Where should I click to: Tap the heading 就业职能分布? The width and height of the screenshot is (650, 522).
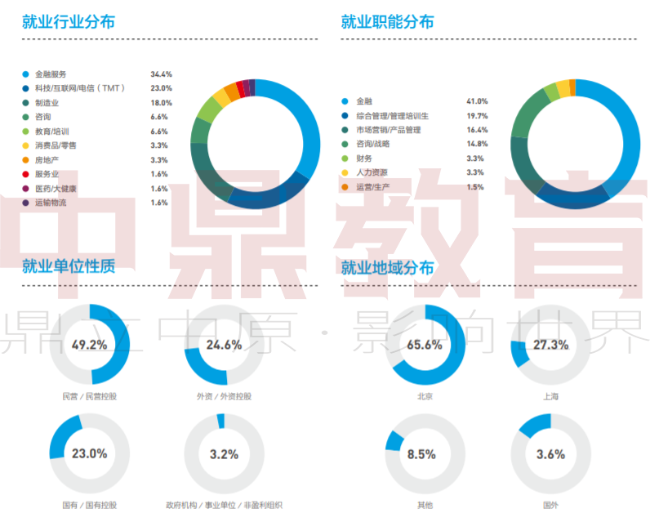pos(387,22)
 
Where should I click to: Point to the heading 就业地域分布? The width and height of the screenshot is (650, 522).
pos(387,268)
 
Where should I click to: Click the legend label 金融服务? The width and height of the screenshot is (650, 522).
pos(51,74)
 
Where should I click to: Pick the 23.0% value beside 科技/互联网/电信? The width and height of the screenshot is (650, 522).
pos(161,88)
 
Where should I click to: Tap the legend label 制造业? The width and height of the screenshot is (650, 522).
pos(47,103)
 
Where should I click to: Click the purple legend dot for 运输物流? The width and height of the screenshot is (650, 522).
pos(26,202)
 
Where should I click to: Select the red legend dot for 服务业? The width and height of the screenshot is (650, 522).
pos(26,173)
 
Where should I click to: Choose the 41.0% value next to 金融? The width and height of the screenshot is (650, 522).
pos(477,101)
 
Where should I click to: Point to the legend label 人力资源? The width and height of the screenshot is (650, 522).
pos(372,172)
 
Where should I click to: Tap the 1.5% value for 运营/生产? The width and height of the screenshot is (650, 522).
pos(474,187)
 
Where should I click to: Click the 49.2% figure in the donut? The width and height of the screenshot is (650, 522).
pos(90,344)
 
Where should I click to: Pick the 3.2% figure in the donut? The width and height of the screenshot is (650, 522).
pos(224,454)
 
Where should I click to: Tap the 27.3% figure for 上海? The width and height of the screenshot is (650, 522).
pos(550,345)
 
